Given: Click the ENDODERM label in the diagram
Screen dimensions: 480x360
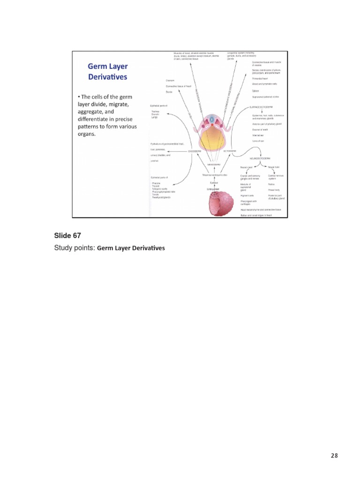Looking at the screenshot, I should point(195,151).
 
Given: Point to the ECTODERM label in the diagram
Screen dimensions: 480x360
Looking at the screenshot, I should point(230,151).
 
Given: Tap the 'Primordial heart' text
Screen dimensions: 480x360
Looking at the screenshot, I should point(261,78).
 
